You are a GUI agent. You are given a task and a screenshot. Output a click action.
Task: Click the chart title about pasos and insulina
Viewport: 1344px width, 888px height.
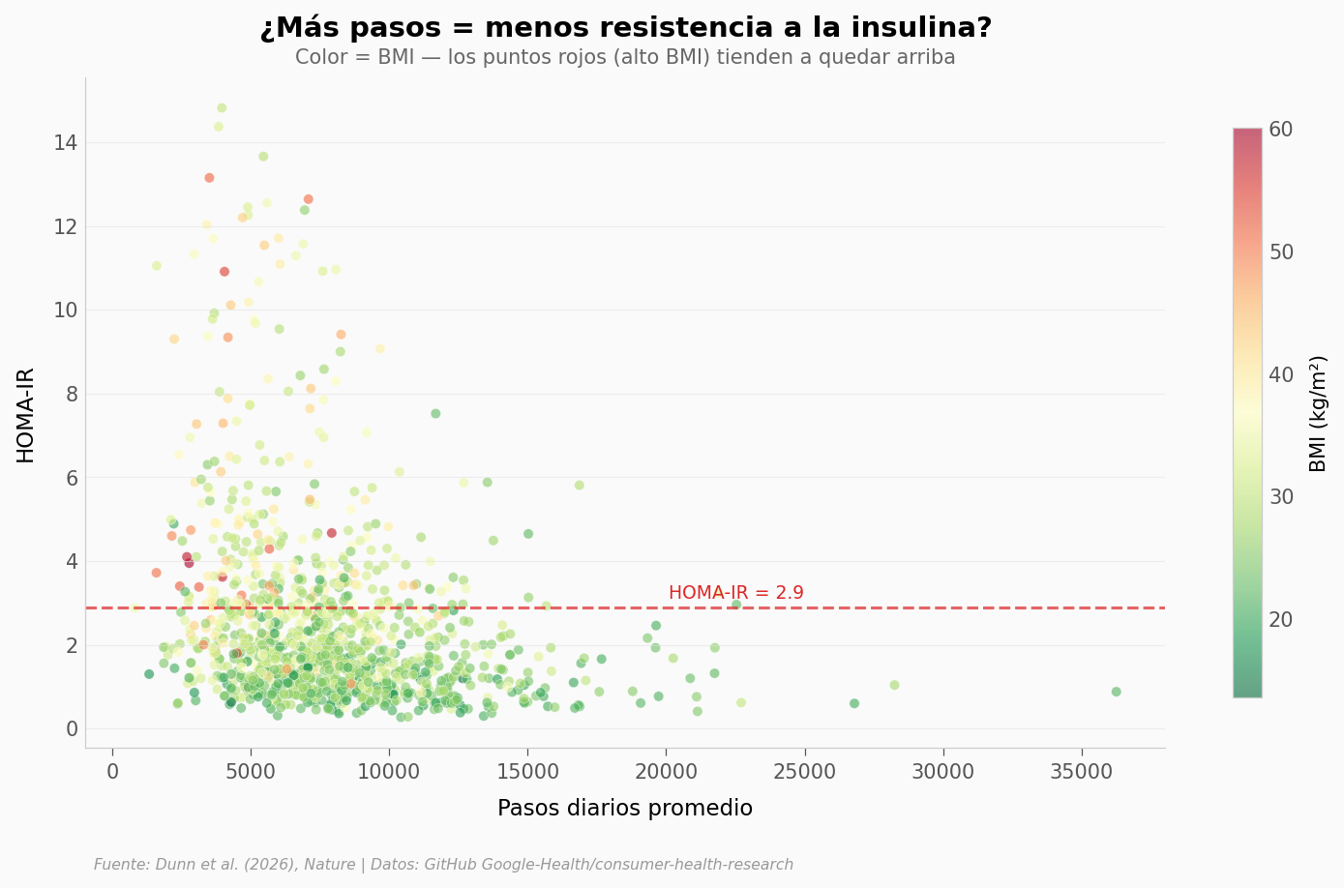point(625,28)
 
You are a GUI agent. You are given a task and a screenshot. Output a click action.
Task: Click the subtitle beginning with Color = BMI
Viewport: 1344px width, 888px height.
point(625,58)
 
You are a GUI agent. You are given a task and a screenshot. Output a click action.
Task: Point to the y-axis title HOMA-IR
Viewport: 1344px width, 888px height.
point(26,415)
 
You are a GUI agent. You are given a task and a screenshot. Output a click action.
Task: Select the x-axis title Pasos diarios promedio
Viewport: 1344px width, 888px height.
point(625,809)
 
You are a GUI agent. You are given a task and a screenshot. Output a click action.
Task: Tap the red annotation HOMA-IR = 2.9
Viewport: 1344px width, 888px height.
point(735,593)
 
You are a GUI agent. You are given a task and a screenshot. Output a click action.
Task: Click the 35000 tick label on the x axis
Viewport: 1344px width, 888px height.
point(1082,772)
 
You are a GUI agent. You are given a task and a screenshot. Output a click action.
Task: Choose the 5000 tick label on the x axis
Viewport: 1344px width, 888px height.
point(251,772)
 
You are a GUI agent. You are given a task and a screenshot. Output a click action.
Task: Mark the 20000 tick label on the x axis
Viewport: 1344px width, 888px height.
point(666,772)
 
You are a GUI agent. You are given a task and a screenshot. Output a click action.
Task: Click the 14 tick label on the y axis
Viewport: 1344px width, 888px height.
point(66,143)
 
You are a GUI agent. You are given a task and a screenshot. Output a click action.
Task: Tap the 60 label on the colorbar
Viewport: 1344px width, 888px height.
point(1280,130)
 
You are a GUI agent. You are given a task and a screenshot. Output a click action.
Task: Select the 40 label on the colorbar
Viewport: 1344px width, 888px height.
point(1280,374)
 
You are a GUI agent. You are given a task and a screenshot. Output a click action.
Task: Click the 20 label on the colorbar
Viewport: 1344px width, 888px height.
point(1280,619)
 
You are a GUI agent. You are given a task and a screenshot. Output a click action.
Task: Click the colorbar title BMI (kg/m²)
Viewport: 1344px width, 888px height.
point(1318,413)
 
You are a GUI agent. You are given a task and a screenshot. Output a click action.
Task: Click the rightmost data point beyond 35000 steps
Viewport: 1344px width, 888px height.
point(1116,692)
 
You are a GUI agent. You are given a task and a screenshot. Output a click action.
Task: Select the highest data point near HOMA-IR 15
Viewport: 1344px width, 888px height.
point(222,108)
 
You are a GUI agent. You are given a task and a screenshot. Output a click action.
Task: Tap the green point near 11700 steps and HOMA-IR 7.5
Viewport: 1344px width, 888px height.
point(435,414)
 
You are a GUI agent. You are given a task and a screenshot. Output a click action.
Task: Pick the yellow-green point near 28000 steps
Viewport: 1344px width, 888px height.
point(894,685)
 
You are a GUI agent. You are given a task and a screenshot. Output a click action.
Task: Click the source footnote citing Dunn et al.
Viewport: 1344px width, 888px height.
point(443,865)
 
